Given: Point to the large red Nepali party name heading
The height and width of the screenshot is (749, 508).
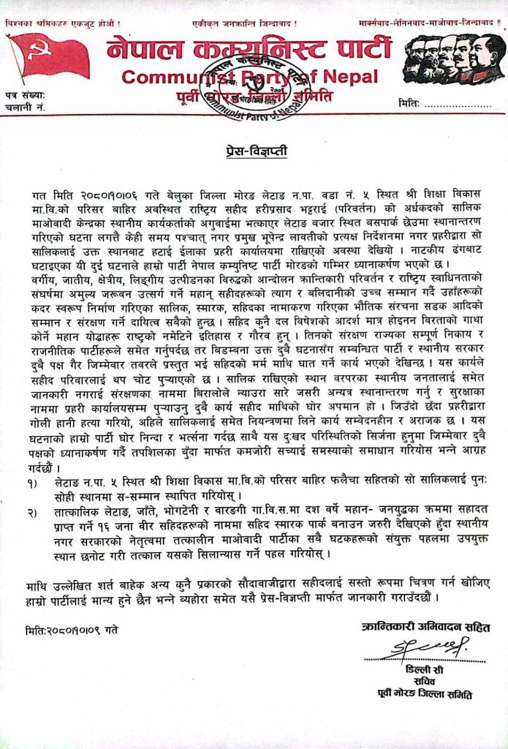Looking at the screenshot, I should (249, 50).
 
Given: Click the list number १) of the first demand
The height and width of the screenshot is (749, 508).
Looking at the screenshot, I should (30, 483).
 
